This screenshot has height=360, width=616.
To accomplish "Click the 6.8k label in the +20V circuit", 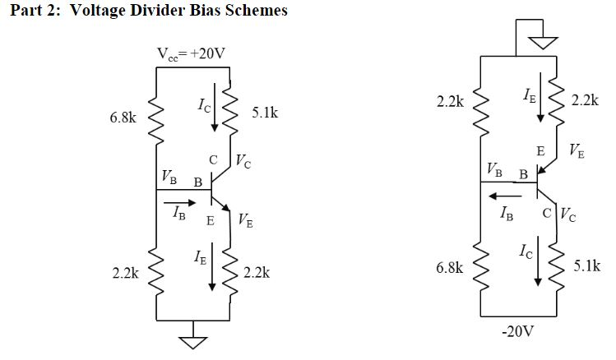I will [x=123, y=118].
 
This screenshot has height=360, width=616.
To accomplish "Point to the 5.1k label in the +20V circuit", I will [x=264, y=113].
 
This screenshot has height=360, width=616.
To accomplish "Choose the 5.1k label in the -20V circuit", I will [x=587, y=265].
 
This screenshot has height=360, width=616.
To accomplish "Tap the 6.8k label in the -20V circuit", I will [x=450, y=268].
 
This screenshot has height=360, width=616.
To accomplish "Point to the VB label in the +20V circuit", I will [x=169, y=177].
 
